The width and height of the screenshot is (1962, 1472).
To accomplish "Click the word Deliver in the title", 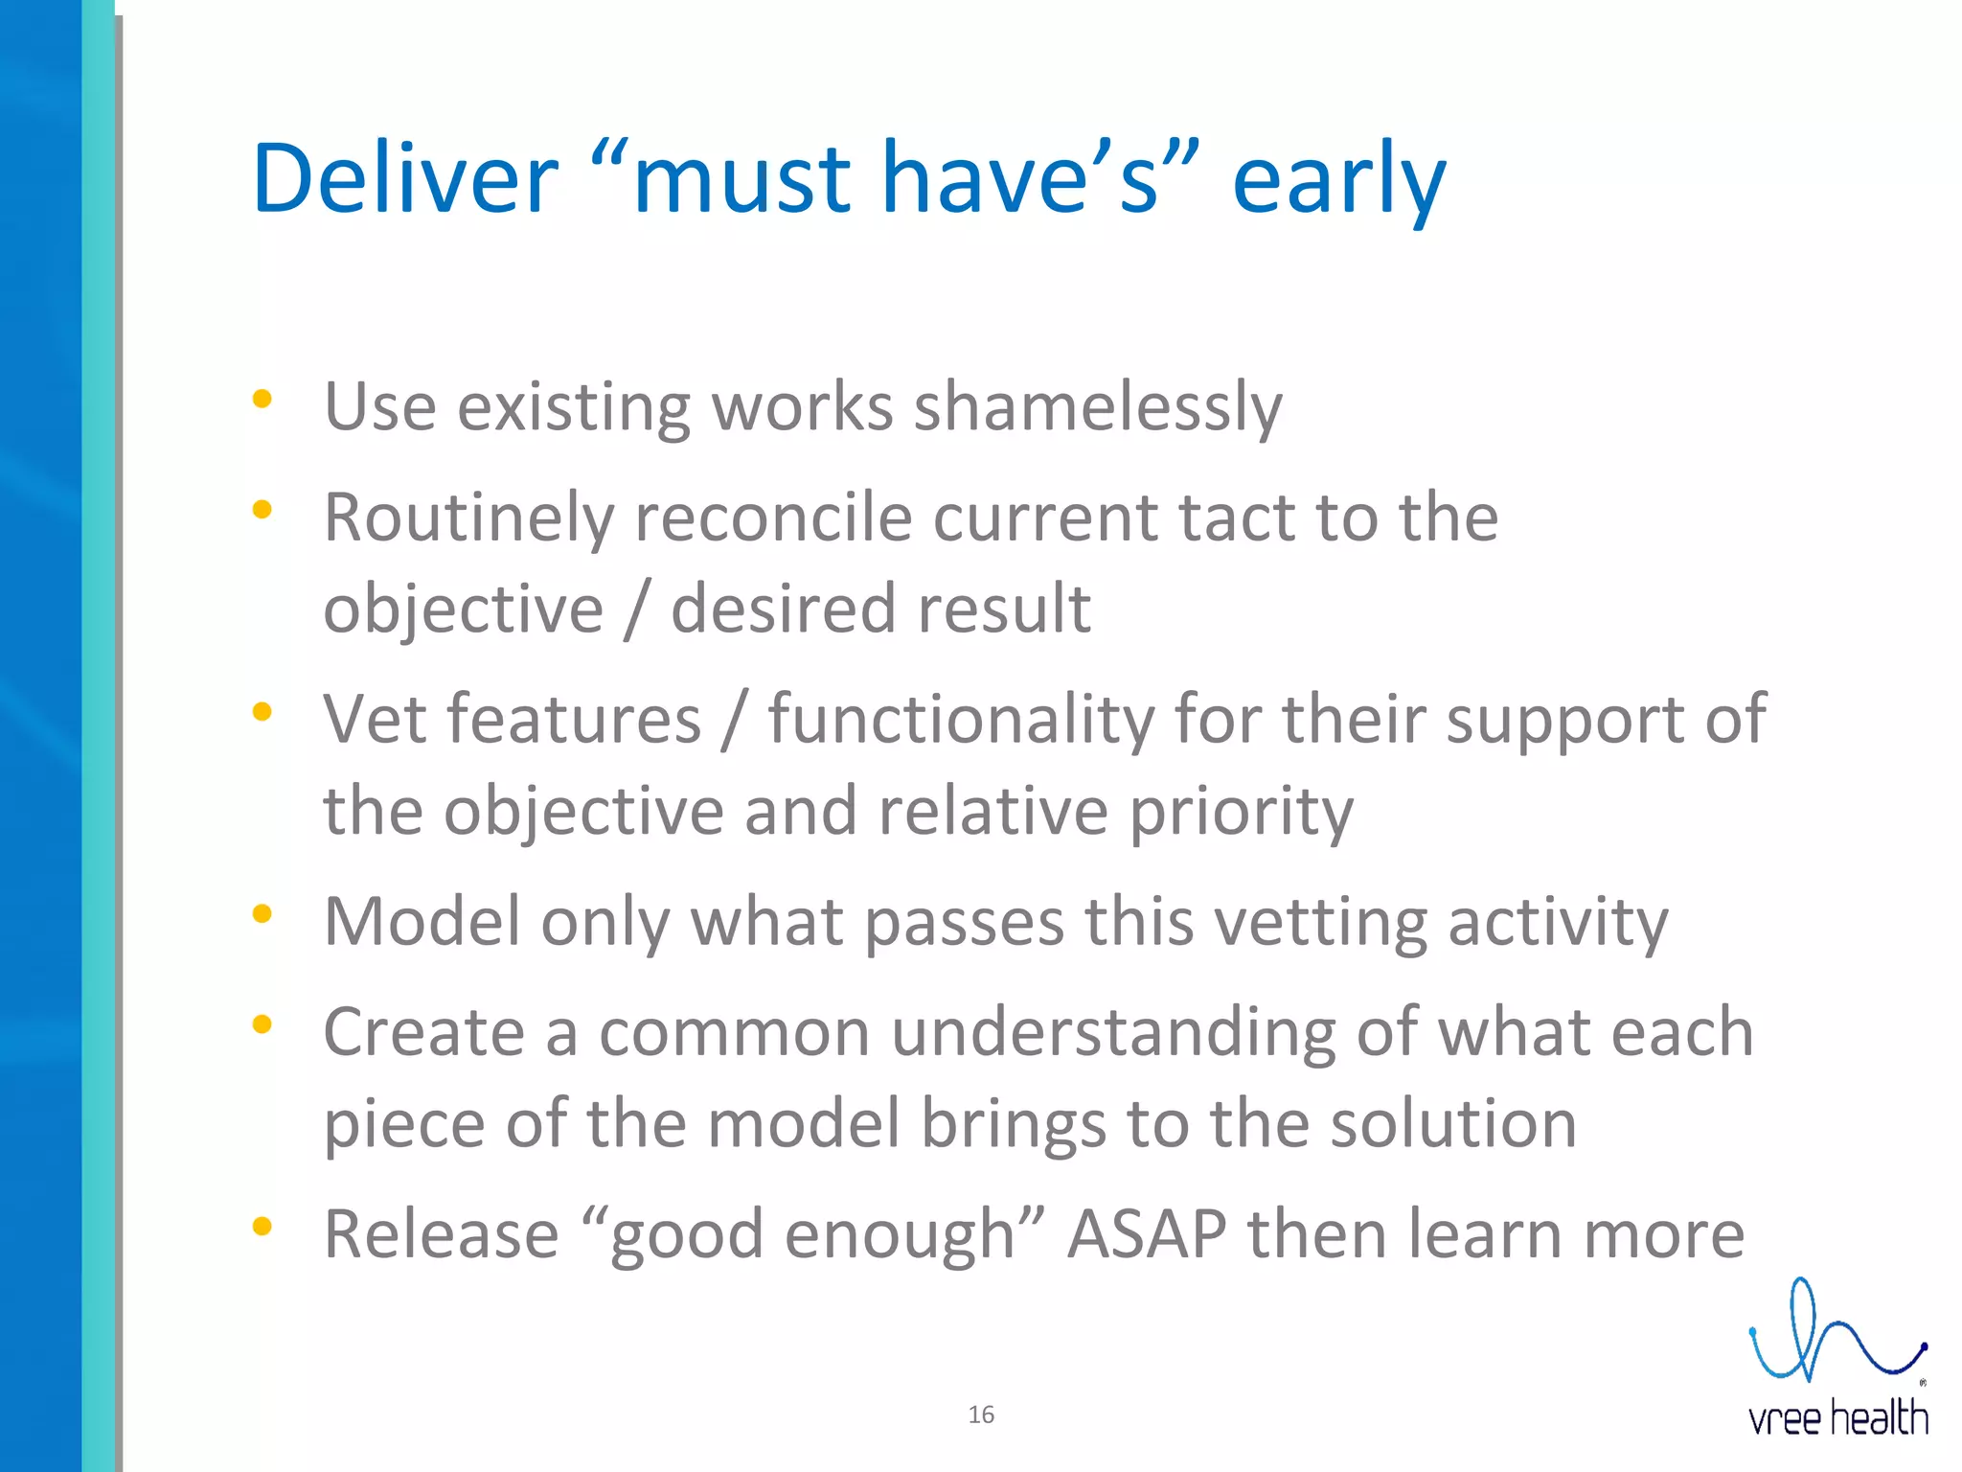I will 404,179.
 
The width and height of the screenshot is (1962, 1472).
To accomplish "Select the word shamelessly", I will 1098,407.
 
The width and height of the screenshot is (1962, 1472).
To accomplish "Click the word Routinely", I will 468,518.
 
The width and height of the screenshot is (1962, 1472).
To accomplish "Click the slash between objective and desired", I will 636,610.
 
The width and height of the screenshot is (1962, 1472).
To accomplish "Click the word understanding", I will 1113,1033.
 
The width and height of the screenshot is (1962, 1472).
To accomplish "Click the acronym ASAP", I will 1146,1234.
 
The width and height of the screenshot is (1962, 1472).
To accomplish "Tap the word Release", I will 441,1234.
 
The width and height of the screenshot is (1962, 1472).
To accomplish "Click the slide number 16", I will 981,1414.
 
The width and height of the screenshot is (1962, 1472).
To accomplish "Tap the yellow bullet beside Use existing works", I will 262,399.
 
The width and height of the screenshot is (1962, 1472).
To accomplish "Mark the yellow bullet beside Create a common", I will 262,1024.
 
